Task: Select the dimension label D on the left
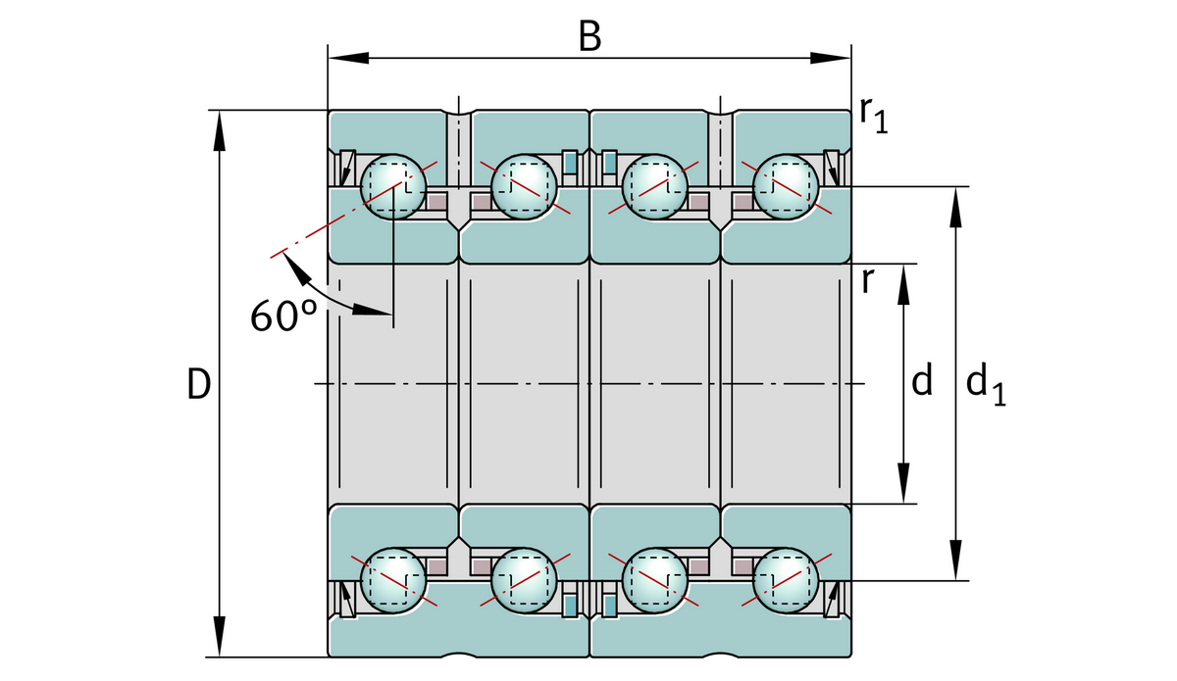(198, 385)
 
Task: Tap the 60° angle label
(283, 316)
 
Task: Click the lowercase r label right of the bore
(867, 281)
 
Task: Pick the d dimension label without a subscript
(921, 381)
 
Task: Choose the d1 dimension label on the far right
(985, 383)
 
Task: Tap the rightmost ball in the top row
(785, 186)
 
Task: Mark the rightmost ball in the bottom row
(785, 580)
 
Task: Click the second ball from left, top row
(524, 186)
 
